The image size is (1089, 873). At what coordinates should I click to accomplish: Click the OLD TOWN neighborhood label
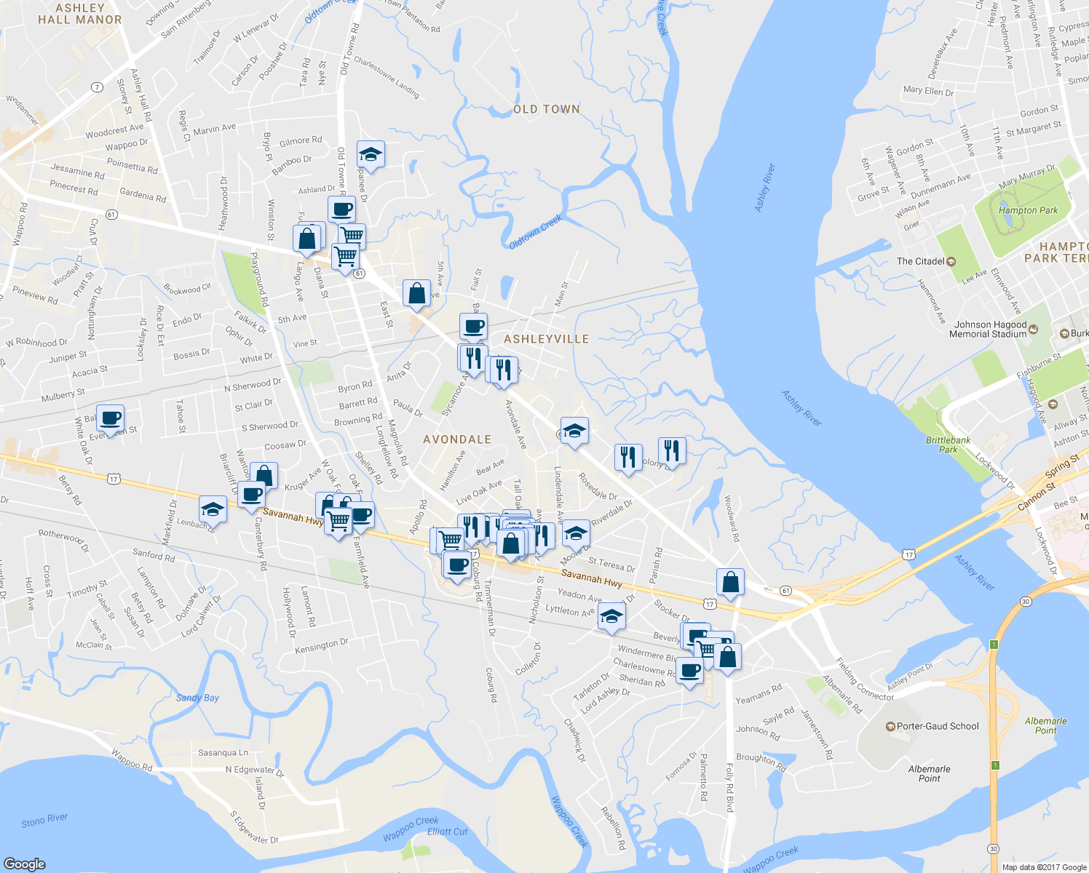click(547, 109)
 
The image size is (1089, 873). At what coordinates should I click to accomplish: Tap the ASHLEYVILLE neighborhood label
click(547, 339)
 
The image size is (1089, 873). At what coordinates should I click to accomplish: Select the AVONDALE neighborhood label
click(457, 439)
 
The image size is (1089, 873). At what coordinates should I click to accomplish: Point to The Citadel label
click(921, 261)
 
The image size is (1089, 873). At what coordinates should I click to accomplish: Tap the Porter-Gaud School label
click(938, 726)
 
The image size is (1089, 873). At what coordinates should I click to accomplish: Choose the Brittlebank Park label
click(948, 445)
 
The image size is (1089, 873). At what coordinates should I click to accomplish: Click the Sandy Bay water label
click(197, 698)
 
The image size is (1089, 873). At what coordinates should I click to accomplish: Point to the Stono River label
click(44, 820)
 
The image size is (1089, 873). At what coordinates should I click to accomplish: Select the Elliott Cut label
click(448, 832)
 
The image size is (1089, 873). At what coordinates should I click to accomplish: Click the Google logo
click(25, 864)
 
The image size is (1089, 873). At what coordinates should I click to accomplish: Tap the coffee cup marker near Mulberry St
click(110, 419)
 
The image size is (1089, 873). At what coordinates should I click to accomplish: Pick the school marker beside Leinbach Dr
click(213, 509)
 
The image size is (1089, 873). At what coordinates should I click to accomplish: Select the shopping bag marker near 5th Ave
click(416, 294)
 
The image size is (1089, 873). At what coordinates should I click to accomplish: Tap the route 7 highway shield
click(97, 87)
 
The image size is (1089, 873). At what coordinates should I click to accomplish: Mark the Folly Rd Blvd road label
click(729, 788)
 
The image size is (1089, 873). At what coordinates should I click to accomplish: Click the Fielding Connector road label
click(864, 679)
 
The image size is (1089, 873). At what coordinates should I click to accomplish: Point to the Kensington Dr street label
click(322, 645)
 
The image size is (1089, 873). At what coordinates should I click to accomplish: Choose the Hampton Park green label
click(1028, 210)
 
